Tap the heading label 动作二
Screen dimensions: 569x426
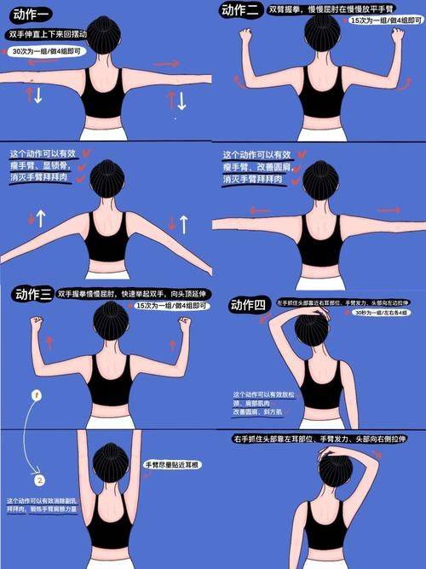coord(241,11)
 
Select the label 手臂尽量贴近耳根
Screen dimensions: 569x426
coord(172,465)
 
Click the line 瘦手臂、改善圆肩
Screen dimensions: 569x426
coord(255,168)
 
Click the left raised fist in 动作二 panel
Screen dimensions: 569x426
coord(246,35)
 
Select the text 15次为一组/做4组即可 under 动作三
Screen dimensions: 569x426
coord(161,305)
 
